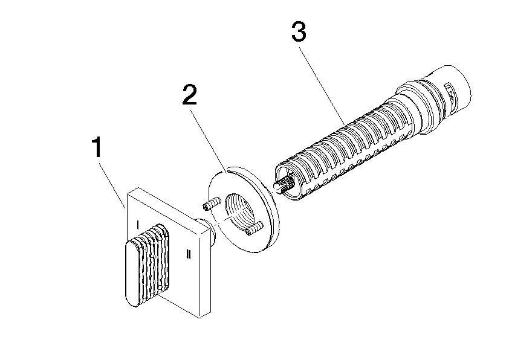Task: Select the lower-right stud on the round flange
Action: (x=253, y=228)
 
